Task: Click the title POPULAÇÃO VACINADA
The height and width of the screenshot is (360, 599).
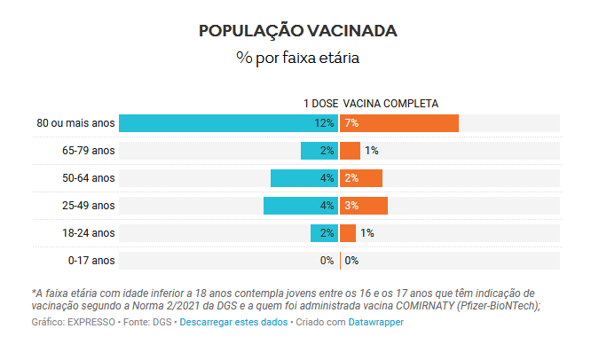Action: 298,30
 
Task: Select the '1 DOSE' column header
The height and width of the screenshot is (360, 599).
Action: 320,103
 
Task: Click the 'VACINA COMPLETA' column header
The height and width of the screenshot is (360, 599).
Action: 390,103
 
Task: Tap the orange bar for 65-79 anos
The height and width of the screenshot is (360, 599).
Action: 350,151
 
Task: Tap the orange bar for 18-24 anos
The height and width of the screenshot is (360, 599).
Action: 348,233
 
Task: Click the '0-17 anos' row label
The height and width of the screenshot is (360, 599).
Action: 91,261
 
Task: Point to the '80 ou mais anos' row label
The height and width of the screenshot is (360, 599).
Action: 75,123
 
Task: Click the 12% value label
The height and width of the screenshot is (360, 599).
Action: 324,123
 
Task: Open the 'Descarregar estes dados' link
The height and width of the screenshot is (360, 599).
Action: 233,322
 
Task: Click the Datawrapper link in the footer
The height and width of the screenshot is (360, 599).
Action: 375,322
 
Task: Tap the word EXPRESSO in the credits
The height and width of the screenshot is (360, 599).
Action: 91,322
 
